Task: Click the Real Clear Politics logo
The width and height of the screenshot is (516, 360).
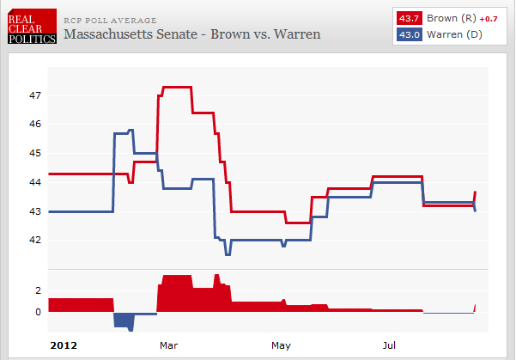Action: (33, 27)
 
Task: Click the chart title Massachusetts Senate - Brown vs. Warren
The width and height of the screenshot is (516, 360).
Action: (192, 34)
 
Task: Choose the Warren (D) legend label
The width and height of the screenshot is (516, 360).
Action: (450, 34)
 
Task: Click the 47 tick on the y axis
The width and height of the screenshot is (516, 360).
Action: (35, 95)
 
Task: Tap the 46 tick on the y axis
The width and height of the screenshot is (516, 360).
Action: (35, 125)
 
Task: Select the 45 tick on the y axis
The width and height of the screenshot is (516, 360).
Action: (35, 153)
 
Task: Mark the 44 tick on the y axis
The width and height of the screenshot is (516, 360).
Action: (35, 182)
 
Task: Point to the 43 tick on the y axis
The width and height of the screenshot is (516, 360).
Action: (35, 211)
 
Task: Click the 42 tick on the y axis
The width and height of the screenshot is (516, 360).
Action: (35, 240)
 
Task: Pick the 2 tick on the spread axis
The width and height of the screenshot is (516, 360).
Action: (38, 290)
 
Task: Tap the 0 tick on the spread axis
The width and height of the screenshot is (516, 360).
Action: (38, 312)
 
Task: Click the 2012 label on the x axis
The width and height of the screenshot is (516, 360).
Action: (64, 345)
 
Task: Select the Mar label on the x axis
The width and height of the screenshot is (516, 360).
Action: (168, 345)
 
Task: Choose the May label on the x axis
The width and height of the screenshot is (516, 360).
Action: (281, 345)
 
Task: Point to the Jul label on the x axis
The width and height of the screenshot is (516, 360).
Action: (390, 345)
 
